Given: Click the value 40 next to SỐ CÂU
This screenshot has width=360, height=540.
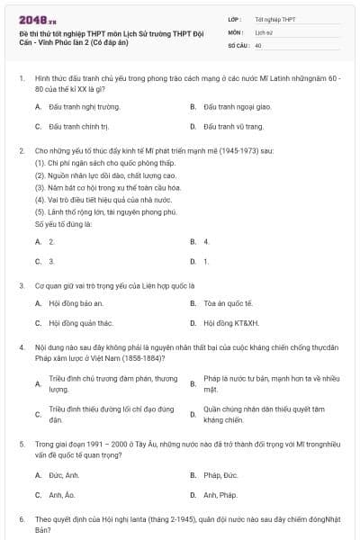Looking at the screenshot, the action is coord(258,44).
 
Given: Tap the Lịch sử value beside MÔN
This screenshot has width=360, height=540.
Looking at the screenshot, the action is coord(263,31).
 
